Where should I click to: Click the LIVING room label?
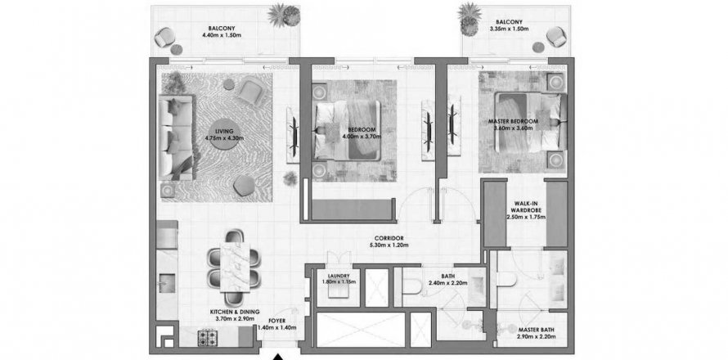tap(225, 132)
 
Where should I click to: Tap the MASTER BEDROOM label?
tap(513, 122)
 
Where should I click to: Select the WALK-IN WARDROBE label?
tap(525, 206)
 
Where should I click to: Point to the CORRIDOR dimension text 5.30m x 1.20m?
tap(386, 245)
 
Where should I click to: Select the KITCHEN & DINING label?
tap(235, 312)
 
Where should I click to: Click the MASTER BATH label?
tap(537, 330)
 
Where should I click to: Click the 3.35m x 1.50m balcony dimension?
tap(509, 29)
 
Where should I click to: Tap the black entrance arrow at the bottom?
tap(277, 358)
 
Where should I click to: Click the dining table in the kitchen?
tap(235, 266)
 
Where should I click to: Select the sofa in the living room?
tap(176, 137)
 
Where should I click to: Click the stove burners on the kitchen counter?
tap(207, 337)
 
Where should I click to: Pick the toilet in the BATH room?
tap(412, 287)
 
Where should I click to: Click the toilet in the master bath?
tap(506, 280)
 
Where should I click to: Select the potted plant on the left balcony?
tap(284, 15)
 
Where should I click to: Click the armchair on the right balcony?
tap(556, 36)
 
